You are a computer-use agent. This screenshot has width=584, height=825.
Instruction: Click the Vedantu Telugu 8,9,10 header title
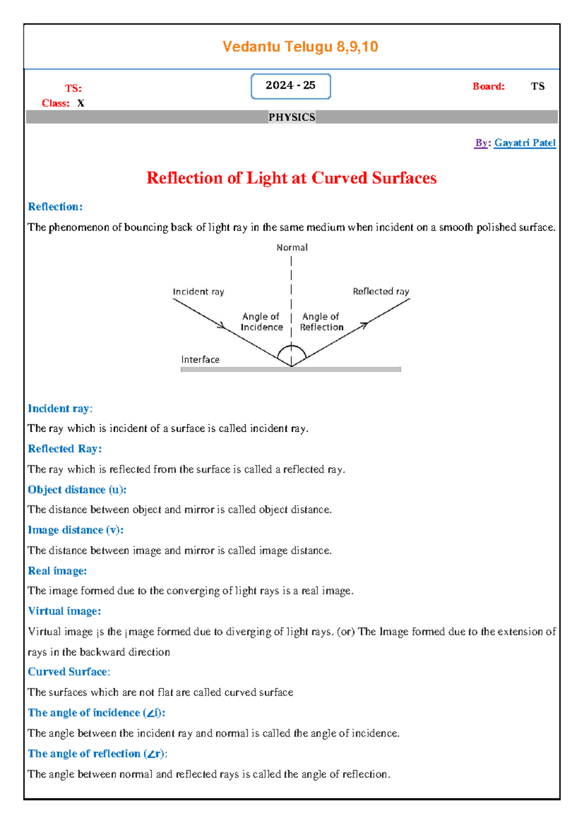coord(300,47)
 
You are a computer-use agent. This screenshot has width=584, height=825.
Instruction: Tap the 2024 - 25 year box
coord(291,86)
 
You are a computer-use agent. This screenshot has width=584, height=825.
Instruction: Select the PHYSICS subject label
coord(292,117)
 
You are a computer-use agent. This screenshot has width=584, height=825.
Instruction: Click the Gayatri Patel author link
coord(525,143)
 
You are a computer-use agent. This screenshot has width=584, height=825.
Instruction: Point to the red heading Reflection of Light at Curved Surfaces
coord(292,178)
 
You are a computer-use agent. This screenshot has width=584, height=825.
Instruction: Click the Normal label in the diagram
coord(292,248)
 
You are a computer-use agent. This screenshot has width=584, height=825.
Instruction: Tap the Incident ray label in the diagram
coord(199,292)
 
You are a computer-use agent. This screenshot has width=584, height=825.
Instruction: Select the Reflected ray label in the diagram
coord(381,291)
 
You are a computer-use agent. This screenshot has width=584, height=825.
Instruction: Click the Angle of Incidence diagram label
coord(261,322)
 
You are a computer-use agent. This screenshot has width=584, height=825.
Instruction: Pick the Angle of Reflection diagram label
coord(321,322)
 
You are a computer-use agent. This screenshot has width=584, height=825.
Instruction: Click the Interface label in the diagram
coord(200,359)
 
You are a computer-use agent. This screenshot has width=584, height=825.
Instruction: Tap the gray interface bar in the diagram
coord(291,370)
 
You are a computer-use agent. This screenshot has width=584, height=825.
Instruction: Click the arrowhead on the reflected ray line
coord(364,324)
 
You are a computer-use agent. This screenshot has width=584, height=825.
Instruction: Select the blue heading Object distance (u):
coord(77,490)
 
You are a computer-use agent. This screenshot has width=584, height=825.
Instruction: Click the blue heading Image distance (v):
coord(75,530)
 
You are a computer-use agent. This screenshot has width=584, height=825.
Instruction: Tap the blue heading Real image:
coord(57,571)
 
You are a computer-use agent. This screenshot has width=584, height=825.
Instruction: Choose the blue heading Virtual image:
coord(64,611)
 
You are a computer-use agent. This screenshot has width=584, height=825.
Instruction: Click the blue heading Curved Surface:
coord(69,672)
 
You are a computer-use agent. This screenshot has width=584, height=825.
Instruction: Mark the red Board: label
coord(488,87)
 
